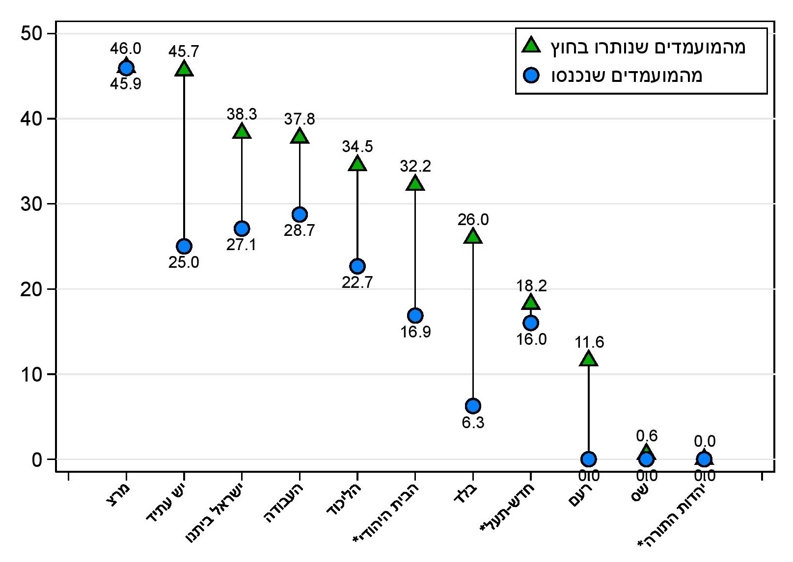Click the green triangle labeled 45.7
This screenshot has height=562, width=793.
pyautogui.click(x=184, y=69)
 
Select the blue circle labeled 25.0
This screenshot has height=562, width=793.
pyautogui.click(x=184, y=246)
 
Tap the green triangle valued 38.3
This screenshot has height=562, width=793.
pyautogui.click(x=242, y=131)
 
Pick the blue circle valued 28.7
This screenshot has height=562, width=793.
pyautogui.click(x=300, y=214)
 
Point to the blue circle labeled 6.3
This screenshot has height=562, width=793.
pyautogui.click(x=473, y=406)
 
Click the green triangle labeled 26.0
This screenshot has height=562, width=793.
pyautogui.click(x=473, y=236)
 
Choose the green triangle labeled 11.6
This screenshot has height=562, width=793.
pyautogui.click(x=589, y=359)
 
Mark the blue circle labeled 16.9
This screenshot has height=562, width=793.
pyautogui.click(x=415, y=315)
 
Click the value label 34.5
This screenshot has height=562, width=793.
pyautogui.click(x=357, y=146)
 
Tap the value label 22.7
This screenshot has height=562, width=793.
pyautogui.click(x=357, y=282)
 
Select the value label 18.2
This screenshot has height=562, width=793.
pyautogui.click(x=531, y=285)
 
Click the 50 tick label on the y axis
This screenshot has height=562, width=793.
pyautogui.click(x=30, y=33)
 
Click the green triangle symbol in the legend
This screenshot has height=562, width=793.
pyautogui.click(x=531, y=46)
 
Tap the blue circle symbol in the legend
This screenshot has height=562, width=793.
pyautogui.click(x=531, y=75)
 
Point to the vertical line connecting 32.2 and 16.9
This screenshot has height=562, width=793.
pyautogui.click(x=415, y=250)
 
